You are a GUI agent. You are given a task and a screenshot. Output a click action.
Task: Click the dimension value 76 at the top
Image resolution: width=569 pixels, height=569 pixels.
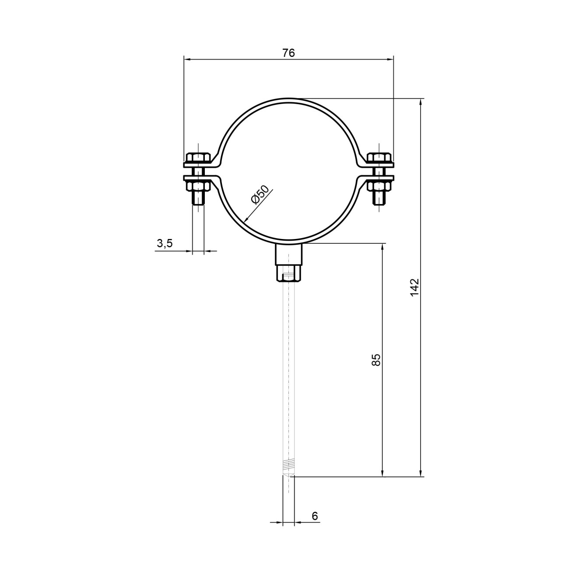coord(288,53)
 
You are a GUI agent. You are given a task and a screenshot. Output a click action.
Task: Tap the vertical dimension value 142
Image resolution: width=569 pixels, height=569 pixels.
coord(415,287)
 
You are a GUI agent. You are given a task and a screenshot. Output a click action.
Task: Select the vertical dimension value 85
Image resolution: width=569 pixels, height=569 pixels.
coord(376,360)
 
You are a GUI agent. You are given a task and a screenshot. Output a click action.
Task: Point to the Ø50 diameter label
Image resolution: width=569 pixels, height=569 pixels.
coord(260,195)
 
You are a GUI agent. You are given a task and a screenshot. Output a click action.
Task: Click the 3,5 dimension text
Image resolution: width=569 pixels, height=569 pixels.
coord(165,244)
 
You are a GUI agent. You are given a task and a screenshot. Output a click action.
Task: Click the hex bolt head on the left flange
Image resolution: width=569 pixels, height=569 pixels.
coord(198,158)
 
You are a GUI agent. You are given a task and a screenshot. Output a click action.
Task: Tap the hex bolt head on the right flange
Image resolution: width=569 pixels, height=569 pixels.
coord(379,158)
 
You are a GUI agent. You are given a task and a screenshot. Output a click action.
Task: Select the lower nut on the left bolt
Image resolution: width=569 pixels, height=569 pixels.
coord(198,186)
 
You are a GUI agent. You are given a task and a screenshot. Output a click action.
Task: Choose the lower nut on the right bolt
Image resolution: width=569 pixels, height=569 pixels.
coord(379,186)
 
